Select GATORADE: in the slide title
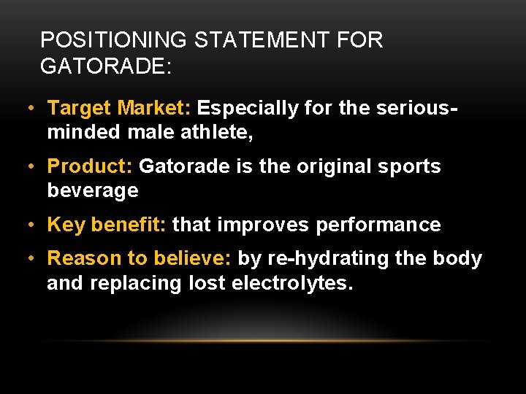(106, 66)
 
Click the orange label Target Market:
(119, 109)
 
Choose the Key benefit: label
(107, 225)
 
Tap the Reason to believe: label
(140, 259)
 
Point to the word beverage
(93, 191)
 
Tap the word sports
(414, 166)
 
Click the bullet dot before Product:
(29, 166)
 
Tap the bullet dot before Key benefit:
(29, 225)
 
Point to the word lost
(207, 283)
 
